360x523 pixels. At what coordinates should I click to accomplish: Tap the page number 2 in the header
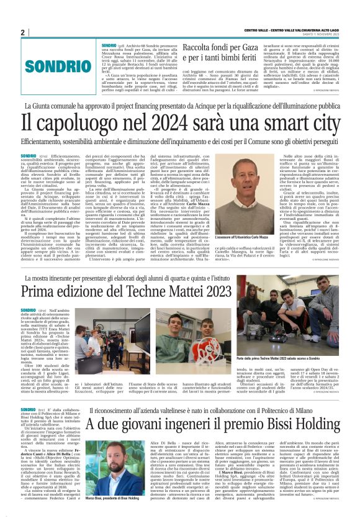pos(23,32)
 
